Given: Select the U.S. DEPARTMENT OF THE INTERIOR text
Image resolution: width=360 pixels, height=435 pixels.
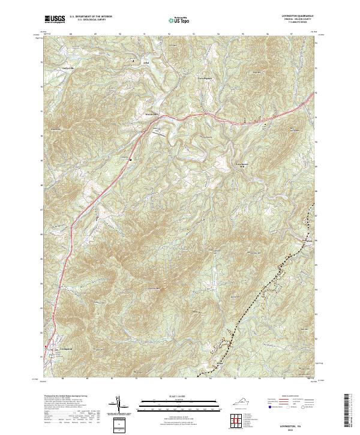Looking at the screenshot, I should [x=95, y=16].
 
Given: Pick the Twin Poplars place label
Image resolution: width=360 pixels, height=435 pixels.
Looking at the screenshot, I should [x=205, y=78].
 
